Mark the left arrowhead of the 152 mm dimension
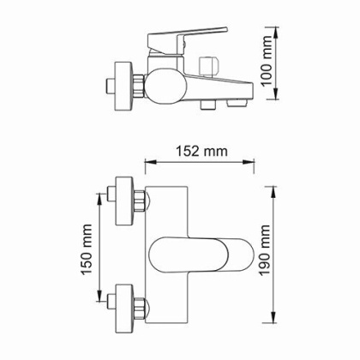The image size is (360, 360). [147, 164]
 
